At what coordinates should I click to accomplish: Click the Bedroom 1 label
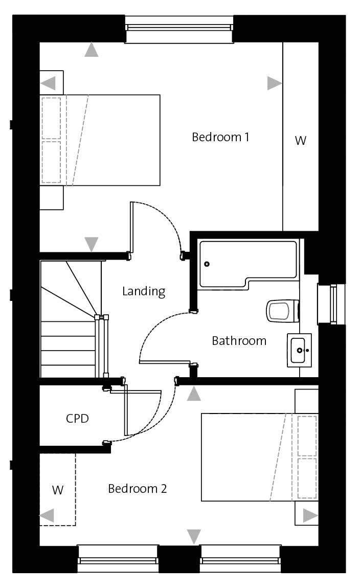(220, 137)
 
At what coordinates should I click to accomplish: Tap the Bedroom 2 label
(138, 489)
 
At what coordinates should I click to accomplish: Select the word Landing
(144, 291)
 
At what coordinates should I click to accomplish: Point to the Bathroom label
(239, 341)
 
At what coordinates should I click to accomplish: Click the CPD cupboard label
(77, 418)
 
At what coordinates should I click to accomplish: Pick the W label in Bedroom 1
(301, 140)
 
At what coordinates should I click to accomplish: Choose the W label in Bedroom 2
(58, 490)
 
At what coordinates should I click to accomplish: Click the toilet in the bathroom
(283, 311)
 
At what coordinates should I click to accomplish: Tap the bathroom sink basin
(299, 351)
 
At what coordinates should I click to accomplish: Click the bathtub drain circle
(207, 264)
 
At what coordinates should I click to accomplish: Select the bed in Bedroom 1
(100, 140)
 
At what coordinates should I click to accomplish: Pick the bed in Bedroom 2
(260, 457)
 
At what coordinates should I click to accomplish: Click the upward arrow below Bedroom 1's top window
(92, 50)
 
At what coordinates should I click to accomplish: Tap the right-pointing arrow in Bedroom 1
(274, 83)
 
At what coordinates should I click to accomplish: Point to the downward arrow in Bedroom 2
(194, 536)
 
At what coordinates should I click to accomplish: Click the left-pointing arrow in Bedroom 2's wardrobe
(47, 515)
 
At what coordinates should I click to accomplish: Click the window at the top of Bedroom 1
(179, 29)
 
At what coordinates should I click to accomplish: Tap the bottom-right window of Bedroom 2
(240, 558)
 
